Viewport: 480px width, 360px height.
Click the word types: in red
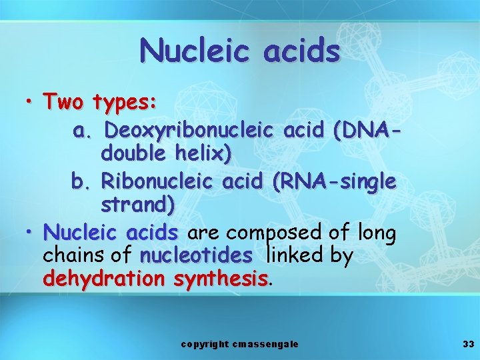click(125, 103)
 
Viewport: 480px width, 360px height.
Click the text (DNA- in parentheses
click(365, 129)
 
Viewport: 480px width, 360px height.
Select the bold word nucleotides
click(196, 255)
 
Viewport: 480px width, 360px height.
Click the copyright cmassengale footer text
click(240, 344)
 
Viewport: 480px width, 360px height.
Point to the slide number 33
click(467, 344)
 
